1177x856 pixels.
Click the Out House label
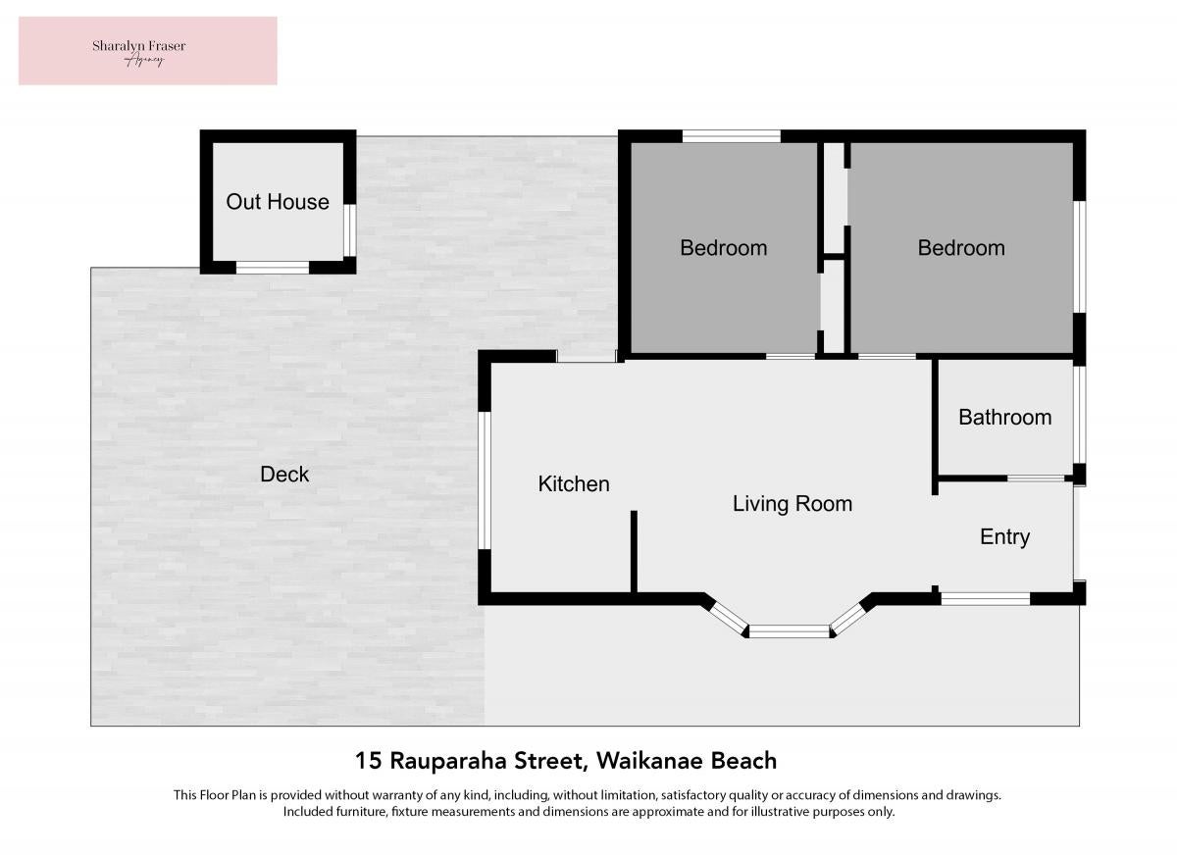point(278,202)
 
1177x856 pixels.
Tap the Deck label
point(284,475)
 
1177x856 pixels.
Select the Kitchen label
point(574,483)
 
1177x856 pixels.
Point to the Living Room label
point(793,505)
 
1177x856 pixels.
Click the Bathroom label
point(1004,418)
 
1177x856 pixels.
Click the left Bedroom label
point(724,248)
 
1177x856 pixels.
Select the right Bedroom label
point(961,248)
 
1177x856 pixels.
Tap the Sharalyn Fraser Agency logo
point(148,51)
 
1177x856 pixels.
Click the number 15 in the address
point(369,761)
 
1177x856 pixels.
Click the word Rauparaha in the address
point(449,762)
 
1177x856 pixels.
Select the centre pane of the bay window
point(790,631)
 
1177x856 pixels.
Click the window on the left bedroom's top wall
point(732,136)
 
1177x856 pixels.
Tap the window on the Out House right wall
point(350,230)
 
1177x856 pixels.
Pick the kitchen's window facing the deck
point(485,480)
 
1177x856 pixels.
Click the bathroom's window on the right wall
point(1079,415)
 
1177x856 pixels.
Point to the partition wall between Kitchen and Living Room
point(634,552)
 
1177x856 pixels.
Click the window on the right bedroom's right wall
point(1079,257)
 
